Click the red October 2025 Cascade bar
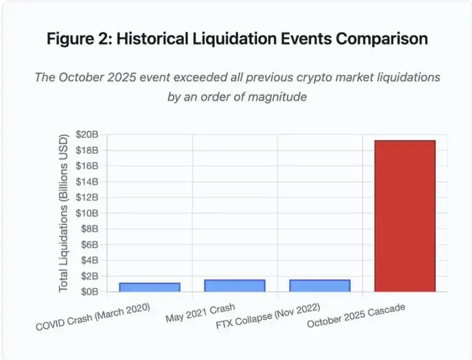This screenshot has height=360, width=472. click(405, 216)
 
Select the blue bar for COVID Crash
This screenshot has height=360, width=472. click(150, 287)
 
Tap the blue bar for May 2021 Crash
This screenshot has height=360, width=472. click(235, 285)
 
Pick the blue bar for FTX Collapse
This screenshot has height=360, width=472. click(320, 285)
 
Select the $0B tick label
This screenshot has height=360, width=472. click(88, 292)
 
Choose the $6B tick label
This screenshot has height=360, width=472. click(88, 245)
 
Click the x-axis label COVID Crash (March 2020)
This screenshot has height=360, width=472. click(93, 317)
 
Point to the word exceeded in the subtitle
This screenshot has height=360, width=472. click(184, 77)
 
